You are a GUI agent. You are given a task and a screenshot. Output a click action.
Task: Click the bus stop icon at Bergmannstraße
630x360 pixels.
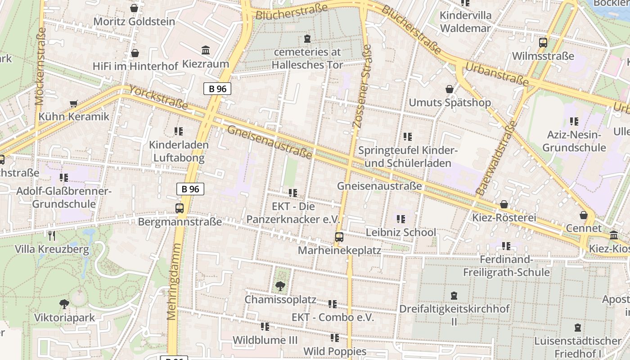(x=180, y=208)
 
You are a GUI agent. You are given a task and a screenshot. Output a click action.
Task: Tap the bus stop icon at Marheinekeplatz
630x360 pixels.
(x=339, y=237)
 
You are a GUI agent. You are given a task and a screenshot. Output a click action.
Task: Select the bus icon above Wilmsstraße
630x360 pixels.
(x=543, y=43)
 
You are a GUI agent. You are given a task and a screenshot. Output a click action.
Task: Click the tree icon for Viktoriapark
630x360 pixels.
(x=64, y=304)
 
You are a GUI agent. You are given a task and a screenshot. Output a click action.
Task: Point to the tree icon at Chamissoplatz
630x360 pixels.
(x=280, y=286)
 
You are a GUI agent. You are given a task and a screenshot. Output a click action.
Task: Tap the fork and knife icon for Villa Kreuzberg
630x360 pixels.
(x=52, y=235)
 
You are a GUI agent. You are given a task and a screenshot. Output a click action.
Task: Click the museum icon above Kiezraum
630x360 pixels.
(x=206, y=50)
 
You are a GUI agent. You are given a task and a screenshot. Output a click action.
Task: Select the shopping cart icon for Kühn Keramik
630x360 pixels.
(x=74, y=103)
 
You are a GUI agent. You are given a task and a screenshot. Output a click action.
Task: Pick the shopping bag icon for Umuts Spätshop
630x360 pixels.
(x=449, y=89)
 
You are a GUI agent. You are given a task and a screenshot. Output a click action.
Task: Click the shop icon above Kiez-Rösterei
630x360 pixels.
(x=504, y=204)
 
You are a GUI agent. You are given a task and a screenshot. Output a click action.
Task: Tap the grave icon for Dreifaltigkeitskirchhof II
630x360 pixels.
(x=454, y=296)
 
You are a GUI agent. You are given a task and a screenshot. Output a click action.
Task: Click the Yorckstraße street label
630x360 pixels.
(x=158, y=98)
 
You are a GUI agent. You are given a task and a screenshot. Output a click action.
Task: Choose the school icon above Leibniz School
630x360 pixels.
(x=400, y=219)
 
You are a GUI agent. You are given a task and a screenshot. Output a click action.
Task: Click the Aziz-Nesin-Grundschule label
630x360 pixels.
(x=574, y=141)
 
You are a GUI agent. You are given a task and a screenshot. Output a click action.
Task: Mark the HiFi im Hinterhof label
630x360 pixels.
(x=135, y=66)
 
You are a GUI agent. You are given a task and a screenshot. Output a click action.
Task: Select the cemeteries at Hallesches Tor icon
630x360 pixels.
(x=307, y=39)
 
